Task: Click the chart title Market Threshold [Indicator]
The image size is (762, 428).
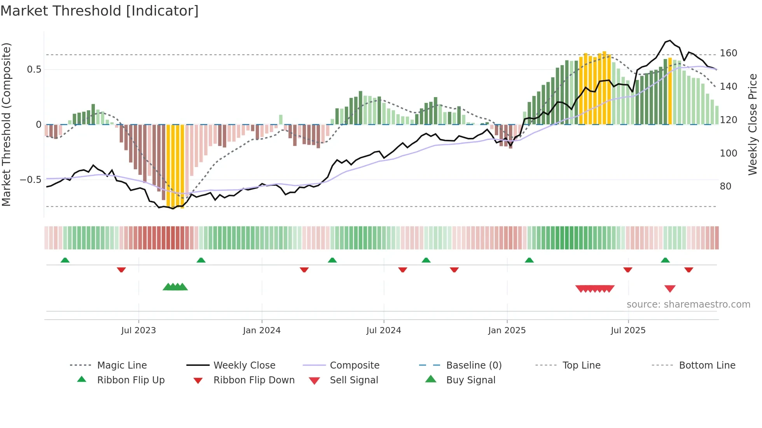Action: (x=100, y=11)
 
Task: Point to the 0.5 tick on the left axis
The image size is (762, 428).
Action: (x=34, y=70)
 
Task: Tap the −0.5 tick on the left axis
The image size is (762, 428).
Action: (x=31, y=180)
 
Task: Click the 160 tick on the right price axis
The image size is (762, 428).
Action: (x=728, y=53)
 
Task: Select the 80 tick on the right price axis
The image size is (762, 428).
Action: (x=725, y=186)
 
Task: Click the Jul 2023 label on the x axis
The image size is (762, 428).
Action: (x=138, y=331)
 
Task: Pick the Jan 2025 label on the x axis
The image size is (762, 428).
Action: (x=507, y=331)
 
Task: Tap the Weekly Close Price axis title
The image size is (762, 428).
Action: (x=753, y=124)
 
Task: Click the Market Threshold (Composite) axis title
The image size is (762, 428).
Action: (x=6, y=124)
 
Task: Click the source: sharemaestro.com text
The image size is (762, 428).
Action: (x=688, y=304)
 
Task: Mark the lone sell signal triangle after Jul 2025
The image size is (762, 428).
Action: (x=670, y=289)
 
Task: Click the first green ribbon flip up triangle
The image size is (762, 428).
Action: (x=65, y=260)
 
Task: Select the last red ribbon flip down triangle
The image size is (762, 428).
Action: (x=689, y=270)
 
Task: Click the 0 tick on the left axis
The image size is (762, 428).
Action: (x=38, y=125)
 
